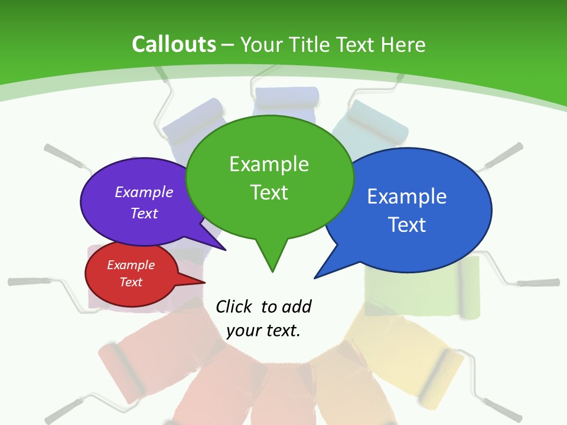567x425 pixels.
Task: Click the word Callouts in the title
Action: tap(174, 44)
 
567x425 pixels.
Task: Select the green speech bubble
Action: tap(269, 177)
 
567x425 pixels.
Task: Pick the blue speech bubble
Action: tap(413, 210)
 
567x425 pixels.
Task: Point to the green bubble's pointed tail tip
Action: tap(272, 272)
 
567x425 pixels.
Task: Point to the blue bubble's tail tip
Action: tap(315, 277)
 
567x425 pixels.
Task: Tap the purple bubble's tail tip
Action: tap(226, 250)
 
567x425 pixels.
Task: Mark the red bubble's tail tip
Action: tap(204, 282)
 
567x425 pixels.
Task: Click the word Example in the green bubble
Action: tap(269, 164)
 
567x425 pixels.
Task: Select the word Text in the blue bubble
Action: tap(407, 225)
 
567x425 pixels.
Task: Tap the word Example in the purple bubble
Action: tap(144, 192)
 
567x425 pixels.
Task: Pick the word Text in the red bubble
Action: tap(131, 282)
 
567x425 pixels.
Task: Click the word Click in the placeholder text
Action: tap(233, 306)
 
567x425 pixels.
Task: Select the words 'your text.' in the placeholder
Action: tap(263, 331)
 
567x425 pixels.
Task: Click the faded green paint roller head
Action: tap(470, 287)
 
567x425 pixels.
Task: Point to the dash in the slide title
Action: tap(228, 45)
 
